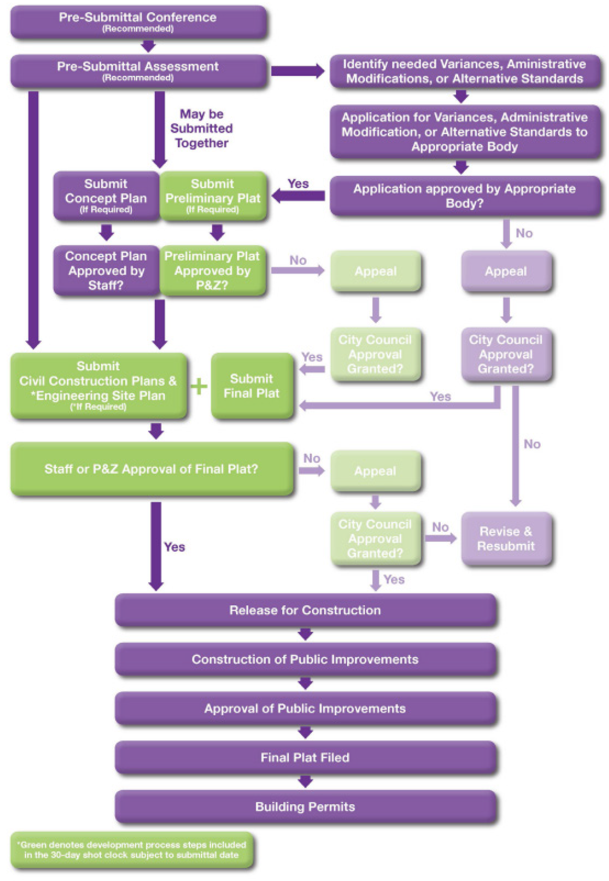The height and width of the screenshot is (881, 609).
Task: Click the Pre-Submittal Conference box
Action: coord(138,22)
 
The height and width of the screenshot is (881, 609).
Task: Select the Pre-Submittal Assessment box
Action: coord(138,71)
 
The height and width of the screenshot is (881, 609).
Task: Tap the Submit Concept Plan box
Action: coord(106,196)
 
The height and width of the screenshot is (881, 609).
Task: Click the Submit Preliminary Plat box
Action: coord(213,196)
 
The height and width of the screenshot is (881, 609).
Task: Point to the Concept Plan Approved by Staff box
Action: coord(106,270)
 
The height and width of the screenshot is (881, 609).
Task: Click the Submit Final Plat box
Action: coord(252,386)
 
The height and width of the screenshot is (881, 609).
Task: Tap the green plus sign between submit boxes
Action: coord(199,386)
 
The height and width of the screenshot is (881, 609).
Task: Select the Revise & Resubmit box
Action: coord(506,538)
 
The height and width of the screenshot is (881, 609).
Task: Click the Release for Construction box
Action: coord(306,610)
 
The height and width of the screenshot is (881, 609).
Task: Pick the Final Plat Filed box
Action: coord(306,757)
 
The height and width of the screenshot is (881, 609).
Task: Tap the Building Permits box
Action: coord(306,807)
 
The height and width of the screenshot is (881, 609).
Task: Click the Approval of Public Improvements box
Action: coord(306,708)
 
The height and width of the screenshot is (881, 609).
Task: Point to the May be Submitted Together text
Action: coord(201,129)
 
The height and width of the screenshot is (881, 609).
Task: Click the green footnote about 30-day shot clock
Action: coord(132,850)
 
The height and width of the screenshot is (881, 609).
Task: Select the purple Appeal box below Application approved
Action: coord(506,271)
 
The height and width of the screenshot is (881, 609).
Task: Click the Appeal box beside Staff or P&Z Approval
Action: coord(375,471)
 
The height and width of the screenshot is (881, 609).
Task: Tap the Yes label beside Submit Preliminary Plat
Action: coord(298,184)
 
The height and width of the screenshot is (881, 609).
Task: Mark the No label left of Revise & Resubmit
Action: coord(440,527)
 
